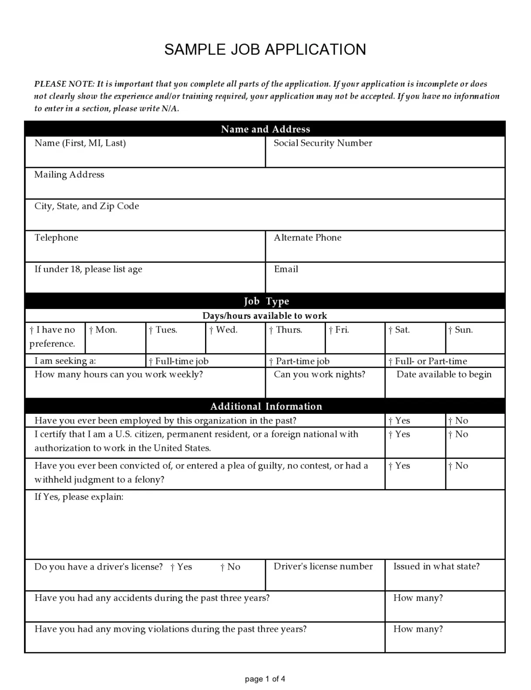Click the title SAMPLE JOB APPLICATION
click(x=265, y=50)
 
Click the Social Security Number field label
click(x=323, y=143)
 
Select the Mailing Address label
click(x=69, y=174)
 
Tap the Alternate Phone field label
click(x=307, y=238)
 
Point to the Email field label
click(x=286, y=269)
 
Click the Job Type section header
click(x=266, y=301)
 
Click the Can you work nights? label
click(x=319, y=374)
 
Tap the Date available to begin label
click(x=444, y=374)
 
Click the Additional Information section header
click(x=266, y=406)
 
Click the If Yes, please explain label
click(x=79, y=497)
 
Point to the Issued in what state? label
click(x=436, y=566)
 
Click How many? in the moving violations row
click(x=418, y=629)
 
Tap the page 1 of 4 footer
click(x=265, y=679)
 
